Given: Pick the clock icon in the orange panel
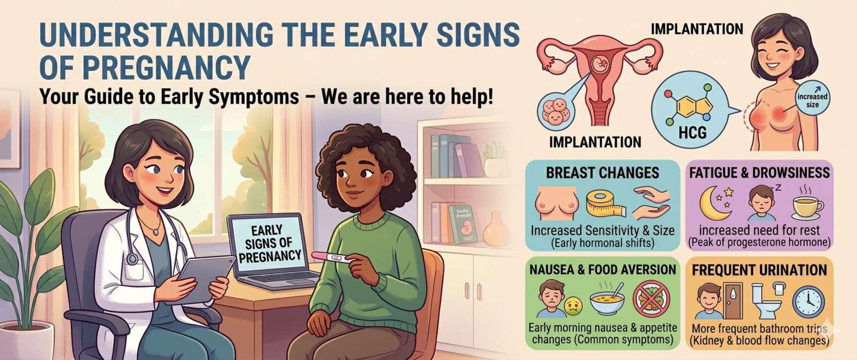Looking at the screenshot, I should tap(808, 301).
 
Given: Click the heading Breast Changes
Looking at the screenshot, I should tap(602, 173).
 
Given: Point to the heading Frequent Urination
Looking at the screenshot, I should tap(759, 270).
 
